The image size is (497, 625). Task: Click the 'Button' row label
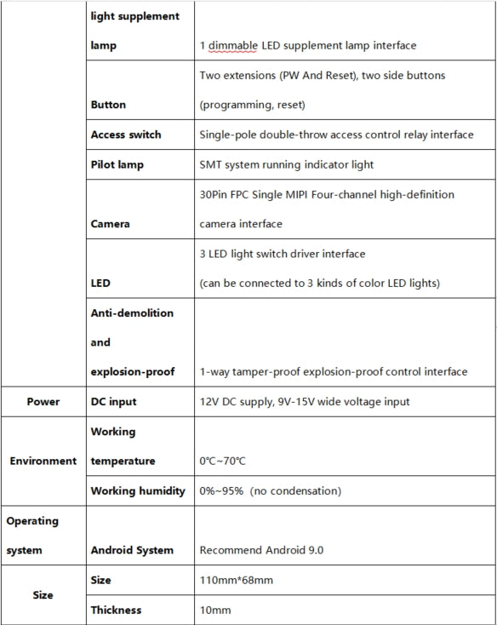click(108, 106)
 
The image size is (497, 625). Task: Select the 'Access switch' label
click(125, 135)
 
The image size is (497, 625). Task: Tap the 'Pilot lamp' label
click(118, 164)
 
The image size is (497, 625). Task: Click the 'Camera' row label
click(111, 225)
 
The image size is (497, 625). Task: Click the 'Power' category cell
click(43, 402)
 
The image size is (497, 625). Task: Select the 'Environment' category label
click(43, 462)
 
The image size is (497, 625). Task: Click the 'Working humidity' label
click(137, 491)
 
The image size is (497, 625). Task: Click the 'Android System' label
click(131, 551)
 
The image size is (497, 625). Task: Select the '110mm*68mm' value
click(236, 581)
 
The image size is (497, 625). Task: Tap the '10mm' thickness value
click(214, 611)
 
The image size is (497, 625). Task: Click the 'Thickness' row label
click(116, 611)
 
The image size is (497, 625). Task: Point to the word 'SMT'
click(212, 164)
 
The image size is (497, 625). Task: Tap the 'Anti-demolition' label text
click(131, 313)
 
